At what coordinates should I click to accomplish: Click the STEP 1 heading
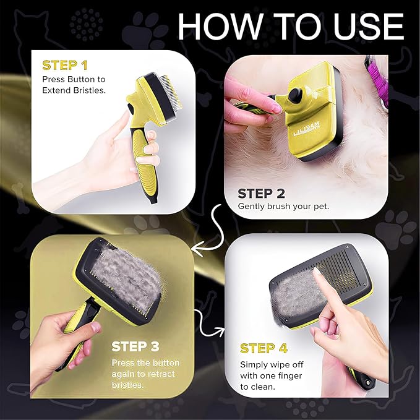tap(64, 65)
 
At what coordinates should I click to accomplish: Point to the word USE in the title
tap(365, 27)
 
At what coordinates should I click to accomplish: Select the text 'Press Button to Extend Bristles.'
tap(74, 85)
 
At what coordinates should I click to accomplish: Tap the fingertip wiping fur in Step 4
tap(316, 273)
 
